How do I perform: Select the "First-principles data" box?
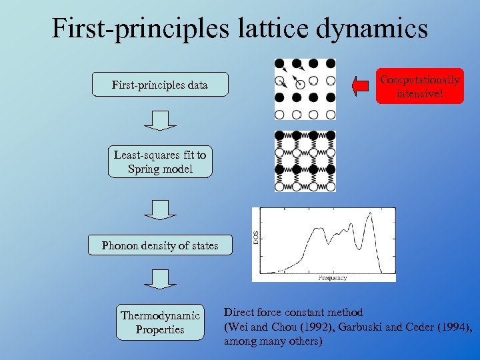160,85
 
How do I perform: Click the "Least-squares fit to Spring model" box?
160,162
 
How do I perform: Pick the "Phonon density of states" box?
160,245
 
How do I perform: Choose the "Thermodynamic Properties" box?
160,323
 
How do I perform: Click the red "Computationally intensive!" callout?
419,86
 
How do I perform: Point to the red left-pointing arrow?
360,85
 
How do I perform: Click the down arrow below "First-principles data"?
160,121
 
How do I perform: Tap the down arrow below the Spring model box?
160,209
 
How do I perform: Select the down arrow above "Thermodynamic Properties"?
160,279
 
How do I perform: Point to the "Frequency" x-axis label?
332,277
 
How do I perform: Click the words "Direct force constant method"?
293,313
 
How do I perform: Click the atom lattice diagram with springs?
305,162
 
